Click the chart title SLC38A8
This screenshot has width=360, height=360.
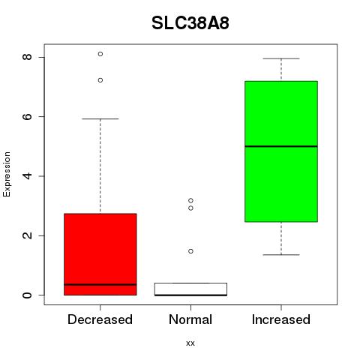(x=190, y=23)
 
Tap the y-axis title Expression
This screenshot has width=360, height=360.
(x=7, y=174)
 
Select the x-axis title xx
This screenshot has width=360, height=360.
(x=190, y=343)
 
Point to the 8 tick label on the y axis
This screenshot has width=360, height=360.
(x=28, y=57)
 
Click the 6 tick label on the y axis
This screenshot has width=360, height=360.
(x=28, y=116)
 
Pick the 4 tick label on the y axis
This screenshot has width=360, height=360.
(x=28, y=176)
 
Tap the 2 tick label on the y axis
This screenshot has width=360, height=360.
(x=28, y=235)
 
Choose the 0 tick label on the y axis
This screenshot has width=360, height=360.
(x=28, y=295)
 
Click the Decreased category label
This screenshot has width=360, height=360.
(x=100, y=319)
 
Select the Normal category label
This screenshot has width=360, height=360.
(x=190, y=319)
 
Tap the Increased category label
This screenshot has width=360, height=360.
(x=281, y=319)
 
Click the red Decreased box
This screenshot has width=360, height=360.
(x=100, y=254)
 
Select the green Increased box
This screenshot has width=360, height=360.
(x=281, y=151)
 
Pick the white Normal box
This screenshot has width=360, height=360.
(x=190, y=289)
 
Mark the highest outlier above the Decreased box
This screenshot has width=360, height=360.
(x=100, y=54)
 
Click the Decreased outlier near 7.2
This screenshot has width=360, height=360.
(x=100, y=80)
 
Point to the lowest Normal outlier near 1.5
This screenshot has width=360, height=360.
(x=190, y=251)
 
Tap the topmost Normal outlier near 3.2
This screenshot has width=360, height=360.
(x=190, y=200)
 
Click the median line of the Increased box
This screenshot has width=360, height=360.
(x=281, y=146)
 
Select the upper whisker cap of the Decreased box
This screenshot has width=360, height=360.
(x=100, y=119)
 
